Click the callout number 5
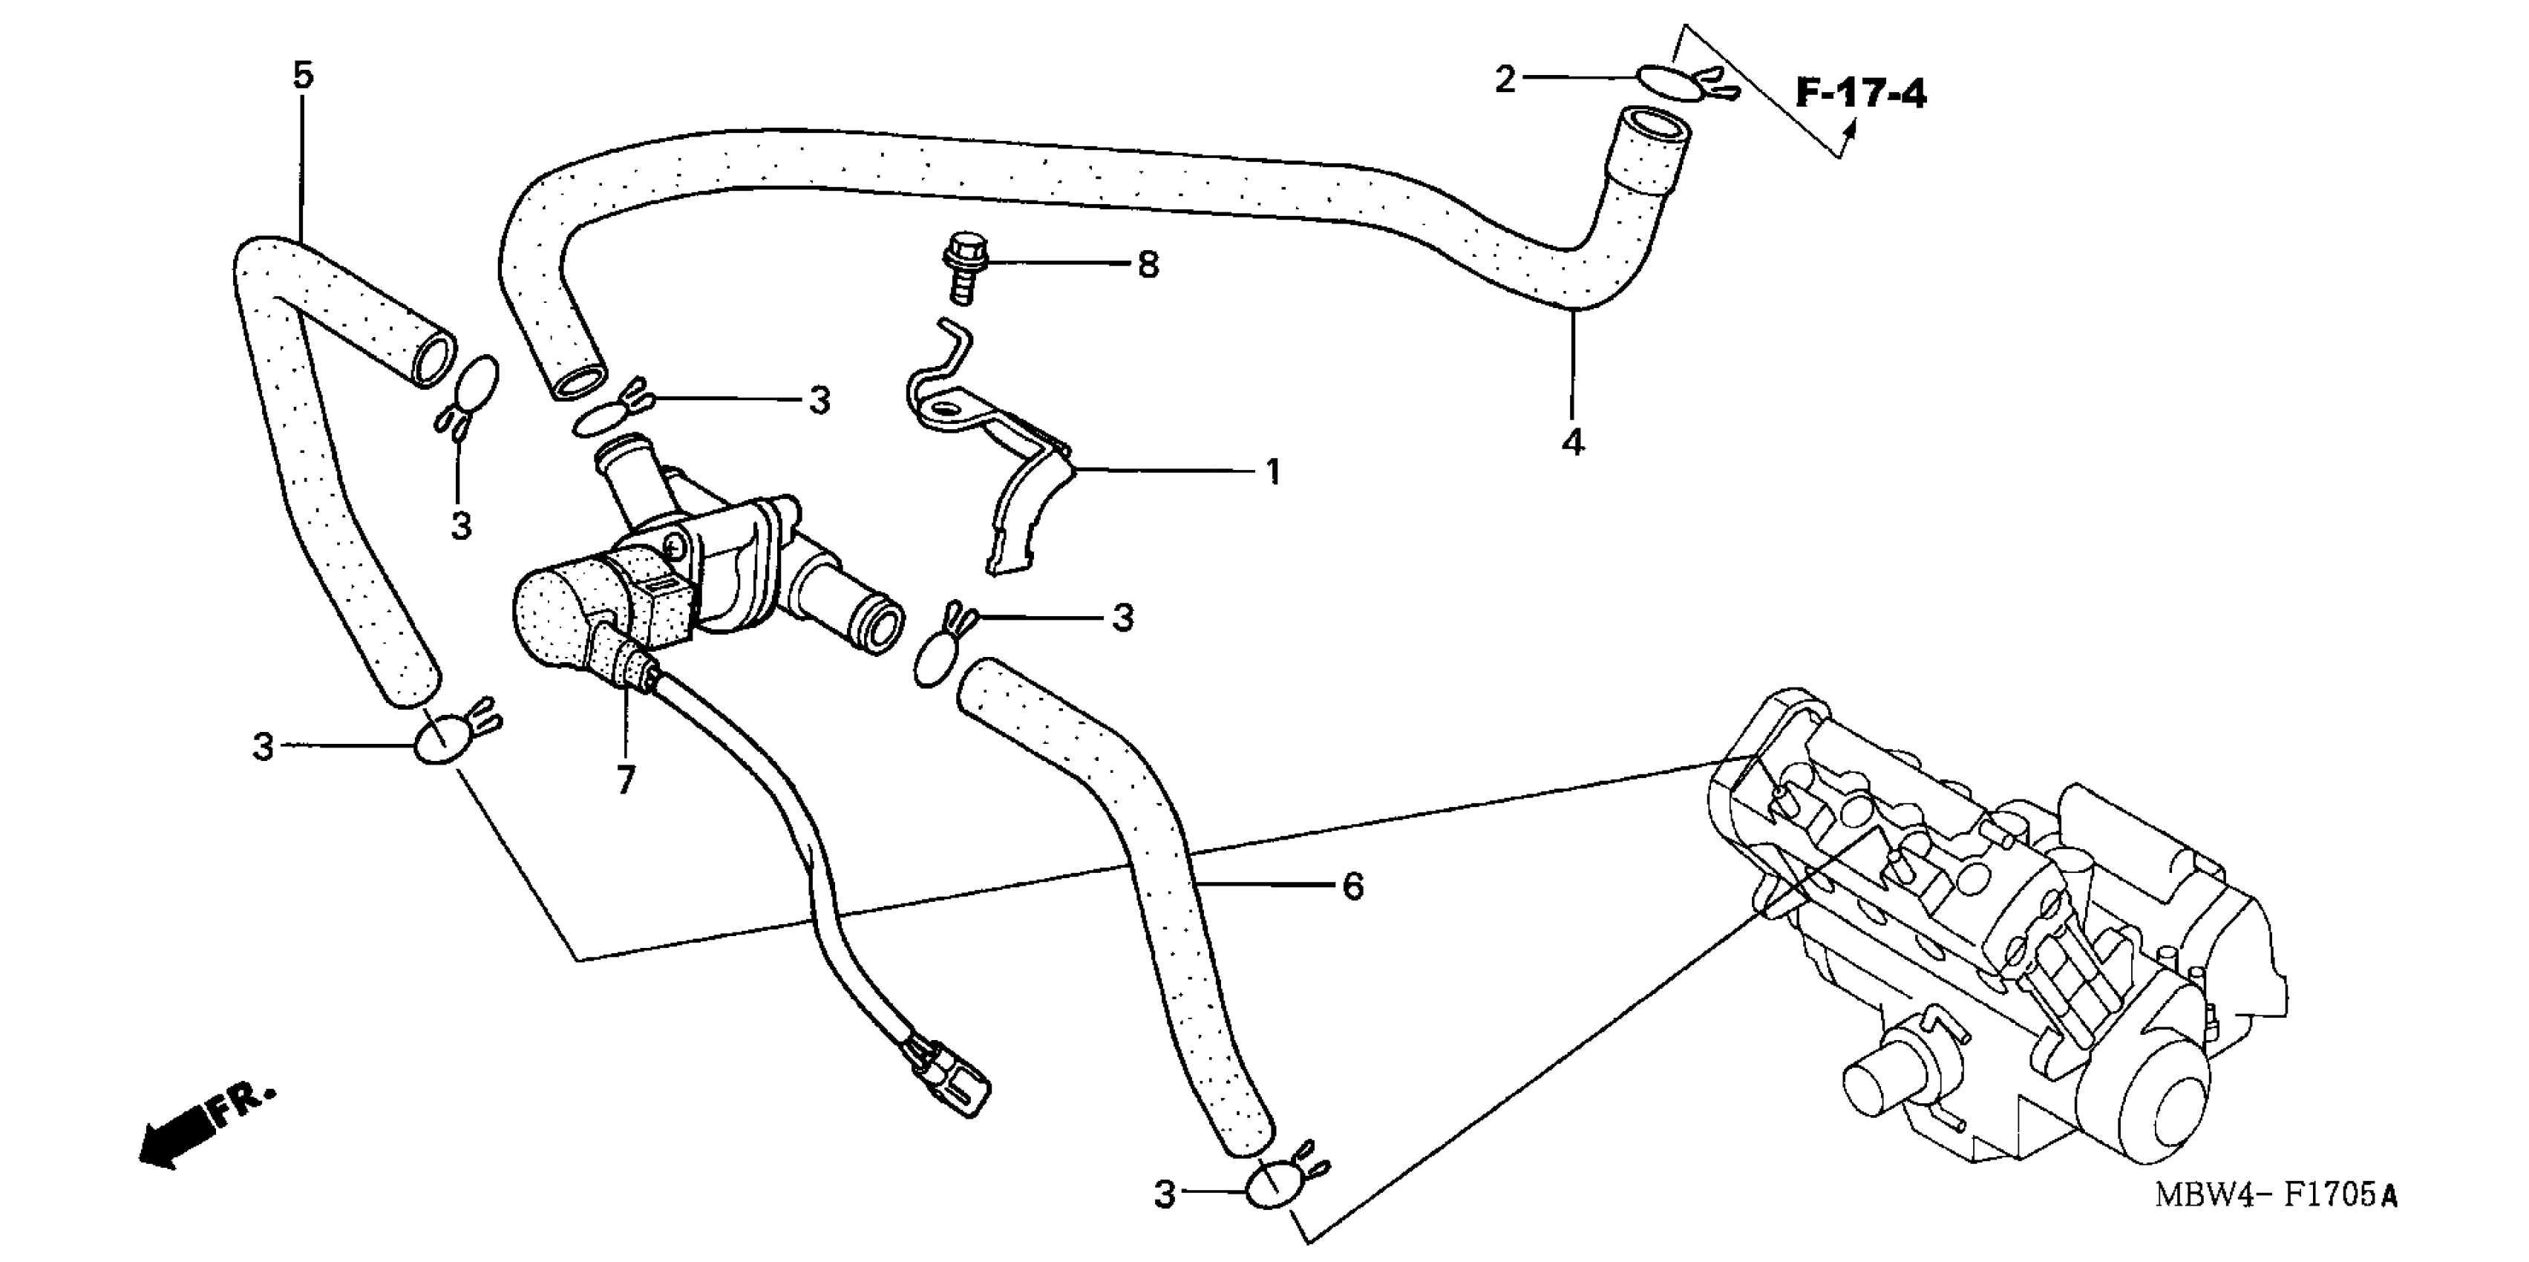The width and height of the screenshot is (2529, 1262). pos(304,75)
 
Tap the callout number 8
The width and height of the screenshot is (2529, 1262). pos(1148,264)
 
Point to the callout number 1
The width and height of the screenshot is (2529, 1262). pos(1272,472)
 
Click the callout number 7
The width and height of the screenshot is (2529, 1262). pos(625,779)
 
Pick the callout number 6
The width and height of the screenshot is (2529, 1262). pos(1353,887)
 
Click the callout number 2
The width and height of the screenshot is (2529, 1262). pos(1506,79)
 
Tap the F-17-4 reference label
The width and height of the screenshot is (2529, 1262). pos(1860,94)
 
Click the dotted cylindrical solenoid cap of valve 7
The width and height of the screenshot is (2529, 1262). pos(554,614)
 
